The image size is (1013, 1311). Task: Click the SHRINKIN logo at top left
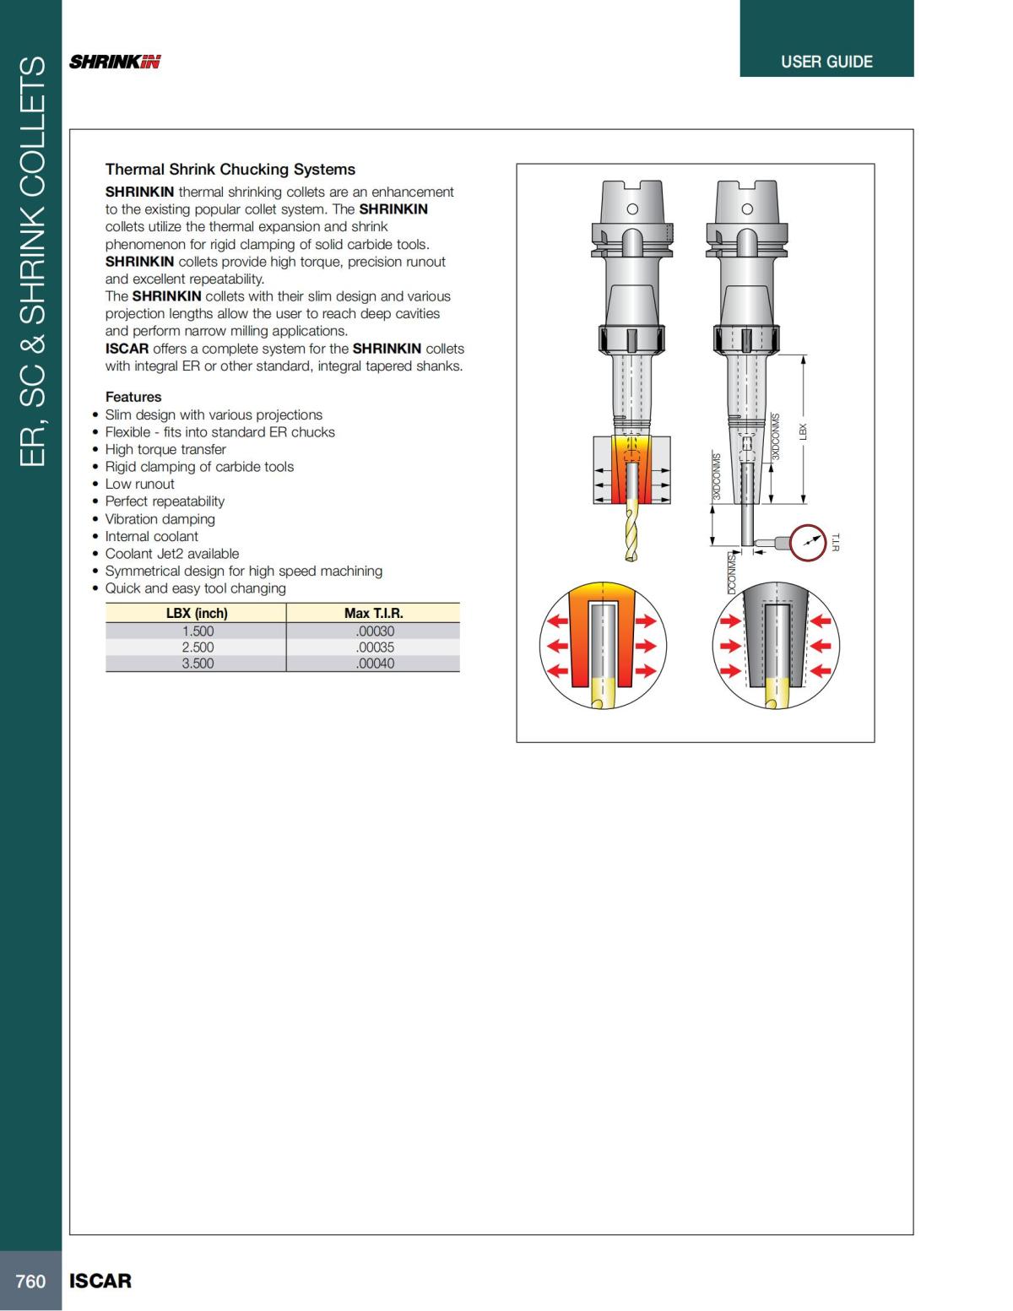click(115, 62)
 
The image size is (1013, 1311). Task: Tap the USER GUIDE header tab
click(826, 62)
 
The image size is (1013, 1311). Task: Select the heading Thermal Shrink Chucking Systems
click(230, 170)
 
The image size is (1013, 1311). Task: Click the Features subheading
click(133, 397)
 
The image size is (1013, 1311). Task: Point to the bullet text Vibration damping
click(160, 519)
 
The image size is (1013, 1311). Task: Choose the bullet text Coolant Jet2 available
click(171, 554)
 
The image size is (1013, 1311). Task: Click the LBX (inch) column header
click(197, 614)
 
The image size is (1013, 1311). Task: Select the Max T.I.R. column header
click(373, 614)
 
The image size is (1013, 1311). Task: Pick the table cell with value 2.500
click(198, 647)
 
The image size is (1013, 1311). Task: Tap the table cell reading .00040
click(375, 664)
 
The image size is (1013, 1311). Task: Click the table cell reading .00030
click(375, 631)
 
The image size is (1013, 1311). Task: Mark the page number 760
click(30, 1281)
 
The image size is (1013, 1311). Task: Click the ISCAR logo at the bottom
click(100, 1281)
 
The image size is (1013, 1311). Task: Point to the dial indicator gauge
click(809, 542)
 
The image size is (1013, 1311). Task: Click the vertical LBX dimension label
click(804, 431)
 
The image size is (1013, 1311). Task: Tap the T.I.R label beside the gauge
click(836, 542)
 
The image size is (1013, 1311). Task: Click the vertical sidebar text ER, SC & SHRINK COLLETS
click(31, 262)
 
